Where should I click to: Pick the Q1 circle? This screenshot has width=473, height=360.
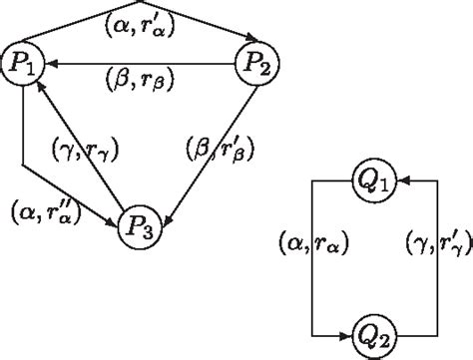click(375, 182)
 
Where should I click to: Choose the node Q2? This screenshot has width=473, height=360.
click(375, 333)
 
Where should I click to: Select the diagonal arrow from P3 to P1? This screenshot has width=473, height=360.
click(79, 144)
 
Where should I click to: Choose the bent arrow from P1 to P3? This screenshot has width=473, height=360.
click(22, 140)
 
